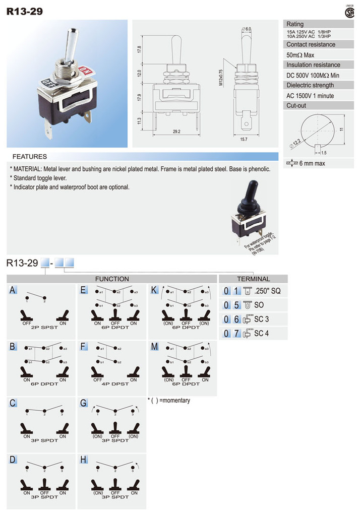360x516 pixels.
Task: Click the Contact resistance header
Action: click(311, 44)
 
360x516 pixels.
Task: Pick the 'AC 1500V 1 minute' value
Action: click(310, 96)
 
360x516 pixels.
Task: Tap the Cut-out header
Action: click(296, 106)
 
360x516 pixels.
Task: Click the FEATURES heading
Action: click(29, 157)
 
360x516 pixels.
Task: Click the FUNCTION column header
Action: click(112, 279)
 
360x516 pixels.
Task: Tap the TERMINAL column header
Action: click(253, 279)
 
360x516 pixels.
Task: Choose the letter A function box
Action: click(13, 290)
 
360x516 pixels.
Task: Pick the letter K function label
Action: click(154, 290)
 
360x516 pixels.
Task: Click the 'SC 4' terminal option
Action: click(261, 333)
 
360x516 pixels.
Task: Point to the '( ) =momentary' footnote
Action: click(169, 401)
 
